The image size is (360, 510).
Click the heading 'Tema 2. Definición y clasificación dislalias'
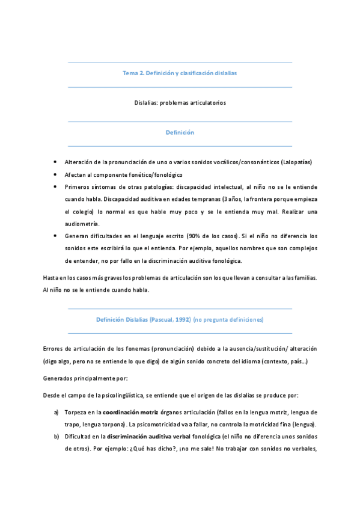click(180, 73)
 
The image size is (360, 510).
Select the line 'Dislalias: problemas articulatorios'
click(180, 103)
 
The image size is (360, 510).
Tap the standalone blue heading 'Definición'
click(180, 132)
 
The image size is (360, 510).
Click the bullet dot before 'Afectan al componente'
click(55, 174)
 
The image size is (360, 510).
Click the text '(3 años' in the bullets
click(231, 199)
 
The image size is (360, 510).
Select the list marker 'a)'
click(56, 413)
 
